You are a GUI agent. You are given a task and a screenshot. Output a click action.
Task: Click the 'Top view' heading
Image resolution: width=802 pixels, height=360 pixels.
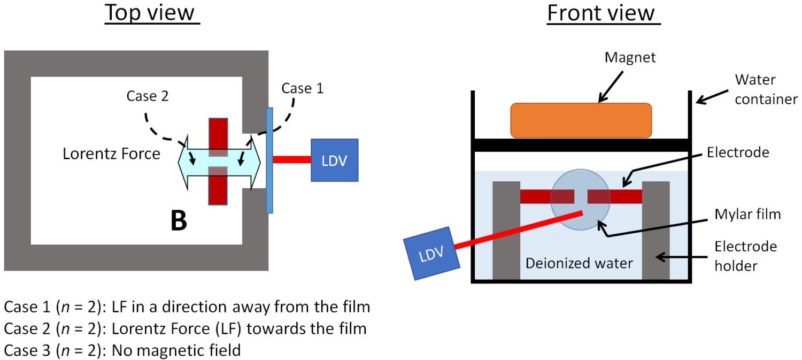(152, 13)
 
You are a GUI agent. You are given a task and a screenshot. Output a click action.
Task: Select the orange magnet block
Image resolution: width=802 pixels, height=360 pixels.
(581, 120)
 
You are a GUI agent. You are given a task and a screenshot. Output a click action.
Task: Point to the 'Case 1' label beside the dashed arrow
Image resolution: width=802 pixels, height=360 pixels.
(303, 88)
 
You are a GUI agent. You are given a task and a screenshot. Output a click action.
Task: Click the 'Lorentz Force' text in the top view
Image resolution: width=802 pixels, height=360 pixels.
(111, 154)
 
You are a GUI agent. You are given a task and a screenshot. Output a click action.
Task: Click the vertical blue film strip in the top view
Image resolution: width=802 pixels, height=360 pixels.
(269, 160)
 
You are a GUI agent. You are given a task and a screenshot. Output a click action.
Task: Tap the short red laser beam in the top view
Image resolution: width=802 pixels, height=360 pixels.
(292, 159)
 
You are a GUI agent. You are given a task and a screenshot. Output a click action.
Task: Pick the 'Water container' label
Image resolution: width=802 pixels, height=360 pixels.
(766, 89)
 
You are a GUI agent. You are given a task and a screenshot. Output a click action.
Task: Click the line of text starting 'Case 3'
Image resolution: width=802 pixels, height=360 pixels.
(122, 350)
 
